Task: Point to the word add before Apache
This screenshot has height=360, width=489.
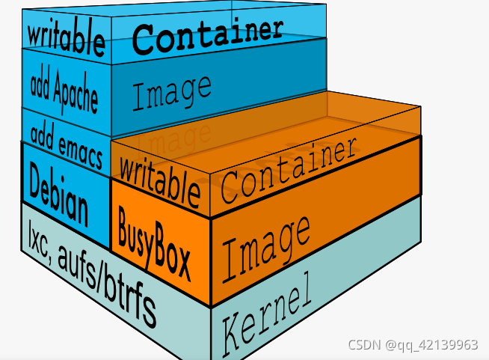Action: click(x=41, y=84)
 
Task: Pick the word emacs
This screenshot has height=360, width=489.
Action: click(x=79, y=140)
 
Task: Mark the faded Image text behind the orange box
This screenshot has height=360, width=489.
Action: click(x=174, y=135)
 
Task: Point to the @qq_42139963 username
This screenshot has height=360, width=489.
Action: click(x=433, y=345)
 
